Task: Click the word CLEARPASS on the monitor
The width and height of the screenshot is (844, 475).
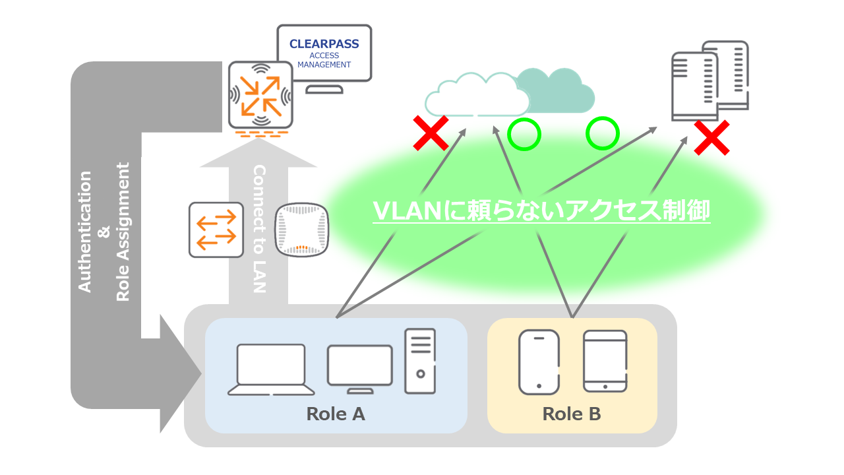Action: tap(324, 44)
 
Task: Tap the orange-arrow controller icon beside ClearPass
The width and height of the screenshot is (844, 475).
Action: tap(260, 96)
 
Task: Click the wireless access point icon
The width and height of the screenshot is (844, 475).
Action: tap(301, 230)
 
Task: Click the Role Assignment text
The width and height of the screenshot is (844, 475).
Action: tap(123, 231)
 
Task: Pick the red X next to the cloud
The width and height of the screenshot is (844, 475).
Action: tap(431, 132)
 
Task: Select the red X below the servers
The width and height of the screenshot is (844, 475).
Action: tap(712, 137)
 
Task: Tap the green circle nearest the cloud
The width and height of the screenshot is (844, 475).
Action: tap(524, 134)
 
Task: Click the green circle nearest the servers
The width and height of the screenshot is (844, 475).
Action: tap(602, 134)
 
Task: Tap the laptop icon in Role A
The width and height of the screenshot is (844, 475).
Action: tap(266, 369)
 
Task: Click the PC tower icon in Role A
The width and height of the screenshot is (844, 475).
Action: tap(420, 361)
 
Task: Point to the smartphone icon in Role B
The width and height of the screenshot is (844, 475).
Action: tap(539, 362)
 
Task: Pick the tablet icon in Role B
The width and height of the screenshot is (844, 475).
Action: tap(605, 361)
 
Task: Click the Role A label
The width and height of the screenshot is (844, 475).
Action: tap(336, 414)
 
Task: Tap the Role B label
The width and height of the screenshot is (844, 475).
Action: tap(572, 414)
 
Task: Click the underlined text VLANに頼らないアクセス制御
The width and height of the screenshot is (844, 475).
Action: tap(541, 211)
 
